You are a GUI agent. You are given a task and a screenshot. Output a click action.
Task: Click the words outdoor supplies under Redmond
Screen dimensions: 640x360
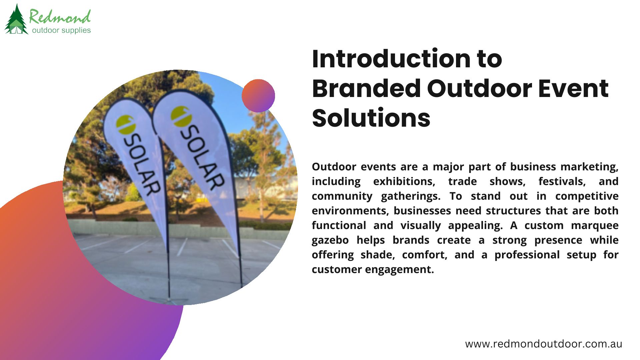coord(61,30)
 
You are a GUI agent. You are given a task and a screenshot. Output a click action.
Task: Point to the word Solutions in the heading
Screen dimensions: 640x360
coord(371,118)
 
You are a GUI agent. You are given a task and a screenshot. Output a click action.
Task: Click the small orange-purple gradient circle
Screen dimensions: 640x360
coord(258,96)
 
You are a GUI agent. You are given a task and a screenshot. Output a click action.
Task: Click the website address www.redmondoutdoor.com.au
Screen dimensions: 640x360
coord(544,344)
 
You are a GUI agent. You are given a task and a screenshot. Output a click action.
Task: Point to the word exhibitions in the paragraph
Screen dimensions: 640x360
coord(404,181)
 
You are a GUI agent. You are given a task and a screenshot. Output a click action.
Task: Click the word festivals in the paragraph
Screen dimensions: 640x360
coord(562,181)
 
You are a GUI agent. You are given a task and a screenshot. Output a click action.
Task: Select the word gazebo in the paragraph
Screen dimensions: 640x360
coord(330,240)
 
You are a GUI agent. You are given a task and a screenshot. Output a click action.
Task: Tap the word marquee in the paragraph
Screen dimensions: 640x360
coord(595,226)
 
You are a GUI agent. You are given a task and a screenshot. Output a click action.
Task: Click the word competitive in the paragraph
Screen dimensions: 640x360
coord(587,196)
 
